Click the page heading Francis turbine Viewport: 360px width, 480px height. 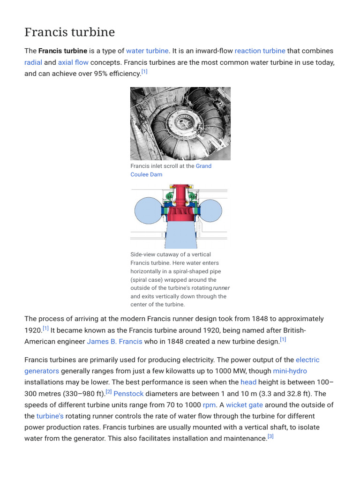[69, 32]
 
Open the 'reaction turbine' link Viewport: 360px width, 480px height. [260, 51]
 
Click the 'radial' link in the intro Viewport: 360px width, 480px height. [33, 62]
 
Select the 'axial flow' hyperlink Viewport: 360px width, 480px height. [73, 62]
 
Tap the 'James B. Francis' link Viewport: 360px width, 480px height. [114, 341]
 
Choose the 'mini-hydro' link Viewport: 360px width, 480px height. [290, 371]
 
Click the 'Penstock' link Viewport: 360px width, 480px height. [128, 393]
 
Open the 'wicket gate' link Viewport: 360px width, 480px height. [244, 405]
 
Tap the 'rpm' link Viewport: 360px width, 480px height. [209, 405]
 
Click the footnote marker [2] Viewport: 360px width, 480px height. [109, 391]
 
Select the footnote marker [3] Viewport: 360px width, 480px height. [270, 436]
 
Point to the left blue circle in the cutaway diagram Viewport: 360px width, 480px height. [148, 211]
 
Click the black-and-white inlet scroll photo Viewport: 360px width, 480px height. [180, 124]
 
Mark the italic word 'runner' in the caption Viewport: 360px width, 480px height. [221, 288]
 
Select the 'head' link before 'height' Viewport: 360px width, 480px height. [248, 382]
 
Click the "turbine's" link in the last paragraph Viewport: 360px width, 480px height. [50, 416]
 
